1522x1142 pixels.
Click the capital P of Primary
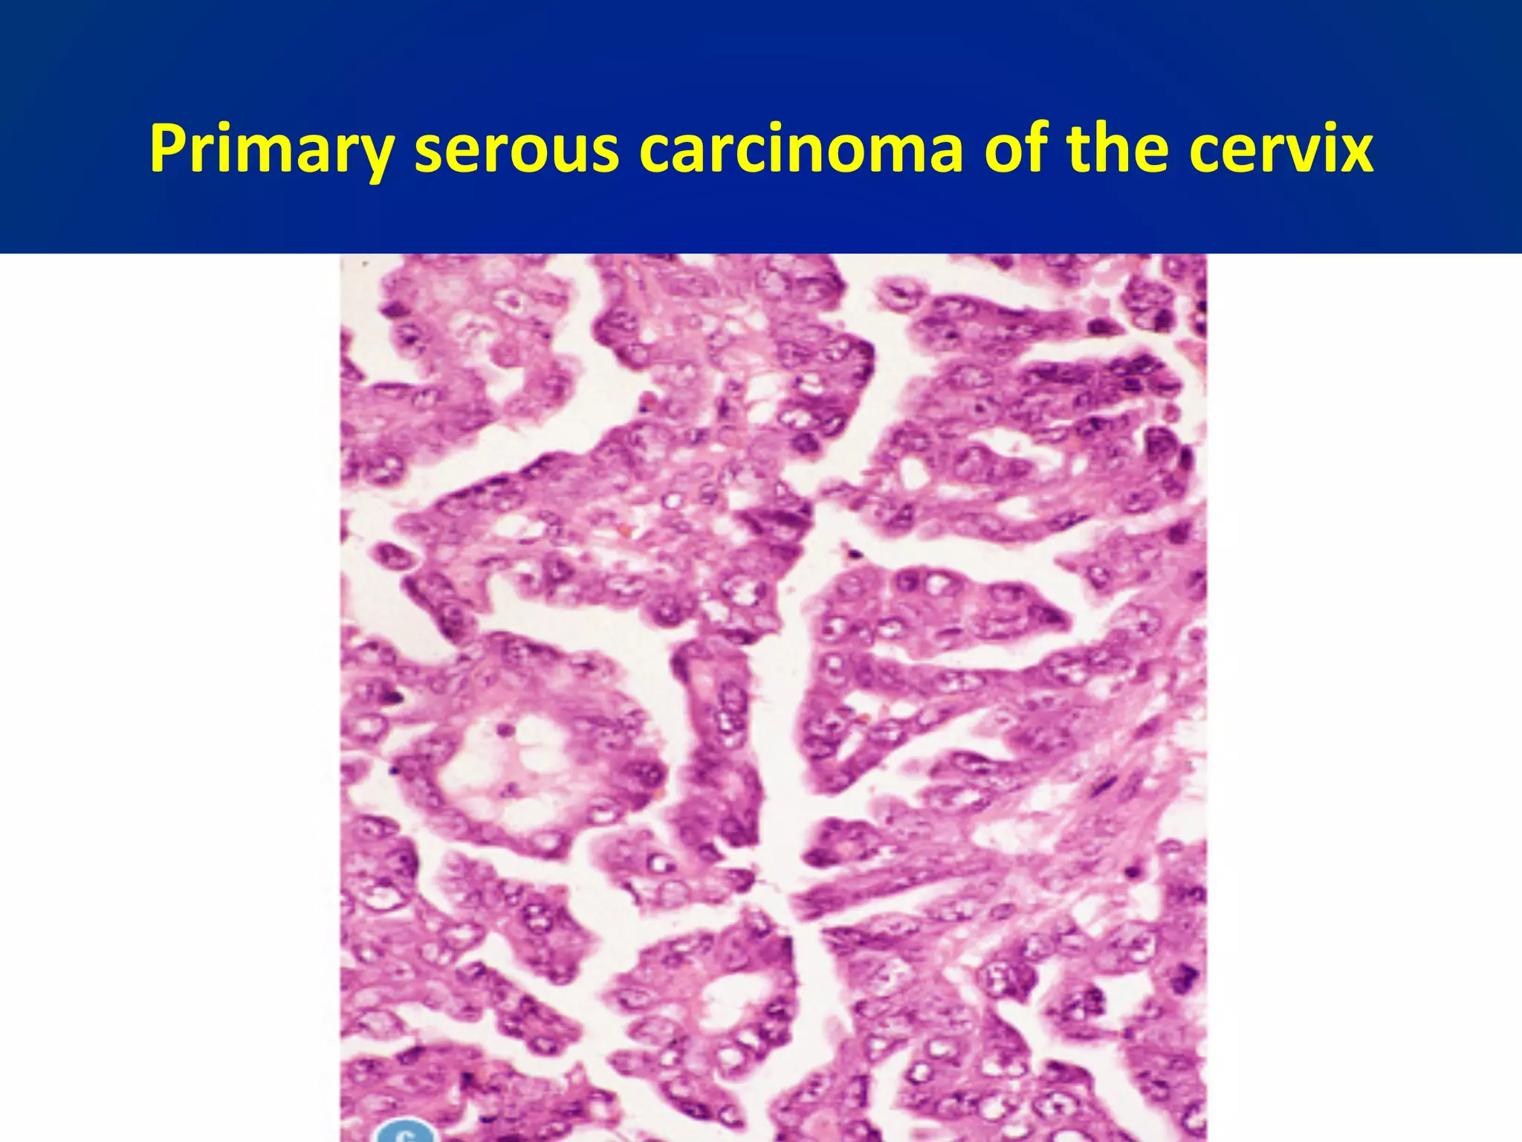(x=167, y=149)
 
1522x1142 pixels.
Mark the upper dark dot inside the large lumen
(x=506, y=729)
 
